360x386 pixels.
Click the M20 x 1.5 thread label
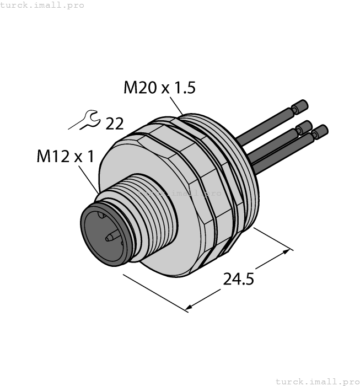point(159,88)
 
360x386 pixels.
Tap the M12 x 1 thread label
point(65,157)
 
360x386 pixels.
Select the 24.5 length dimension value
point(238,280)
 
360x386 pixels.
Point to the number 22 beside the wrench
point(114,124)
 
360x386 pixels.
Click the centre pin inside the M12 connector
point(111,238)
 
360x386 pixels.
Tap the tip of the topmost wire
point(300,106)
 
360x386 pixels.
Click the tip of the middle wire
point(304,126)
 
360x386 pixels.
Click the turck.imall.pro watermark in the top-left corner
point(42,5)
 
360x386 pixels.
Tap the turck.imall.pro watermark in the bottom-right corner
point(316,381)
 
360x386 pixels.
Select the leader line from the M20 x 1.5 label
point(176,105)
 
